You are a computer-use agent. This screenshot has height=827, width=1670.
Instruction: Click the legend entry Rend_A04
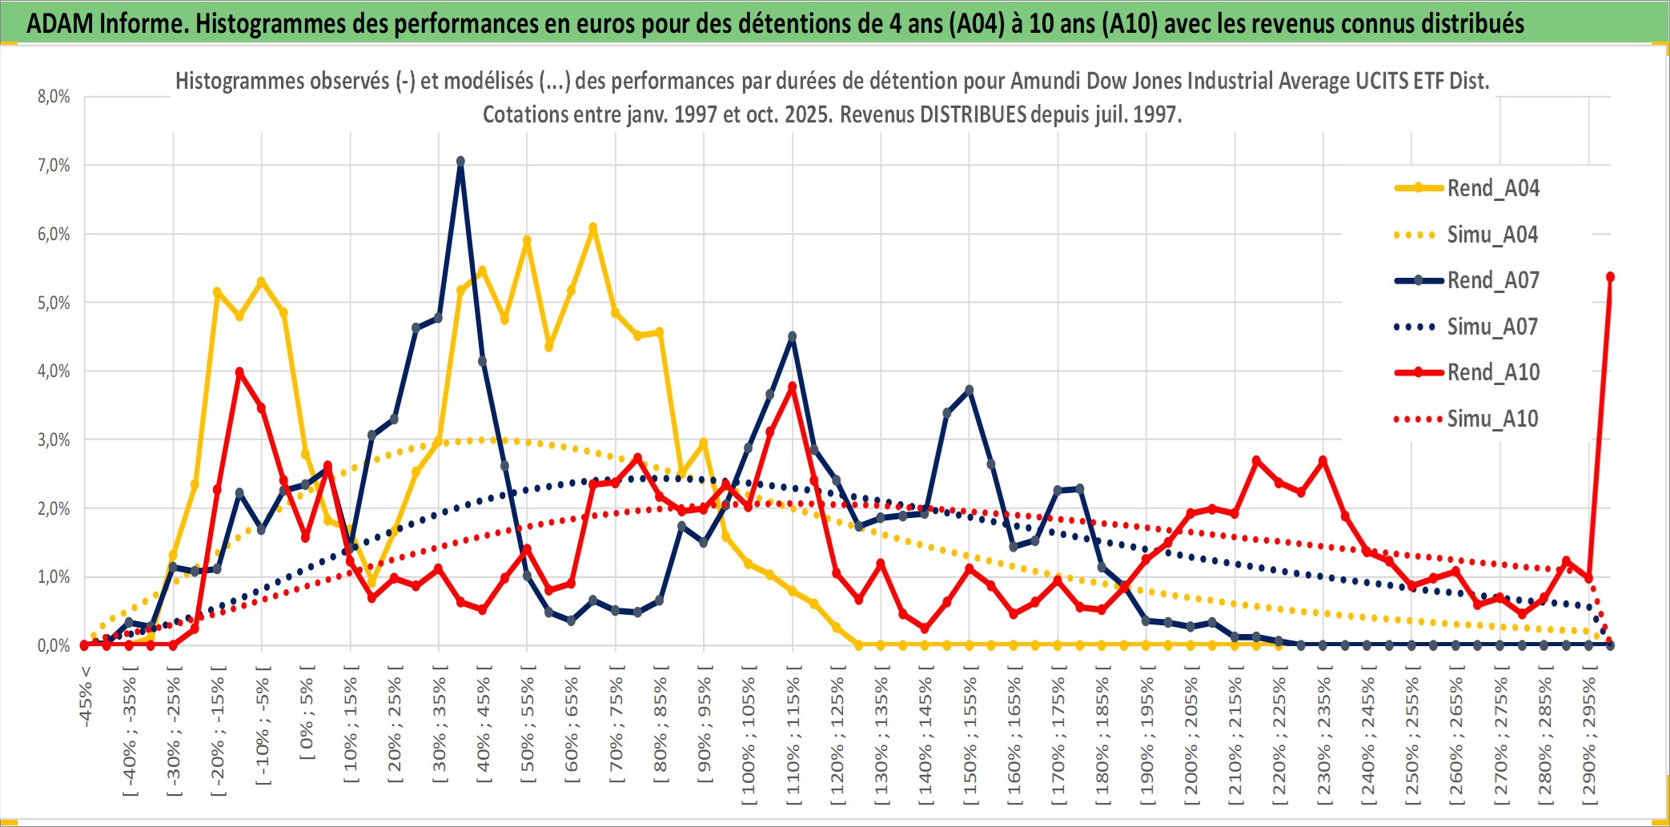pyautogui.click(x=1492, y=188)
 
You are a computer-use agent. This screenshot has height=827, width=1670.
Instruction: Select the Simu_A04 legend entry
pyautogui.click(x=1492, y=235)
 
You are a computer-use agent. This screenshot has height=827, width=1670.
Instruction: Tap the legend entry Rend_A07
pyautogui.click(x=1492, y=280)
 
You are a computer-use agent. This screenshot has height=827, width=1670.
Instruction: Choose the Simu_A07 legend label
pyautogui.click(x=1492, y=327)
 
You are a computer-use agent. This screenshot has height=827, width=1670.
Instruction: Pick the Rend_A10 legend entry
pyautogui.click(x=1492, y=372)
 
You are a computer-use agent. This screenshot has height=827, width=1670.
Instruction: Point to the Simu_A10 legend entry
pyautogui.click(x=1492, y=419)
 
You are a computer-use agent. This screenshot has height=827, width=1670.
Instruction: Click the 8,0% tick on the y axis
pyautogui.click(x=54, y=97)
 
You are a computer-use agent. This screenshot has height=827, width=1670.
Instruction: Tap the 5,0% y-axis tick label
pyautogui.click(x=54, y=303)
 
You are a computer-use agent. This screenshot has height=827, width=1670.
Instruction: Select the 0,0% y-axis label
pyautogui.click(x=54, y=645)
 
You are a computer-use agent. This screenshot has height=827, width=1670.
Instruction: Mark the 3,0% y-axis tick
pyautogui.click(x=54, y=440)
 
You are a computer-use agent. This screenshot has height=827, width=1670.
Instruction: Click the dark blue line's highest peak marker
pyautogui.click(x=460, y=161)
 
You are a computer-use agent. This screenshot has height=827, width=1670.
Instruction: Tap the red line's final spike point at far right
pyautogui.click(x=1610, y=277)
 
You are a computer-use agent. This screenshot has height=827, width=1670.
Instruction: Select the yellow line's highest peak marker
pyautogui.click(x=593, y=228)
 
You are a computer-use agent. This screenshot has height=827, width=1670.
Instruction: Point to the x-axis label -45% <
pyautogui.click(x=86, y=697)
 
